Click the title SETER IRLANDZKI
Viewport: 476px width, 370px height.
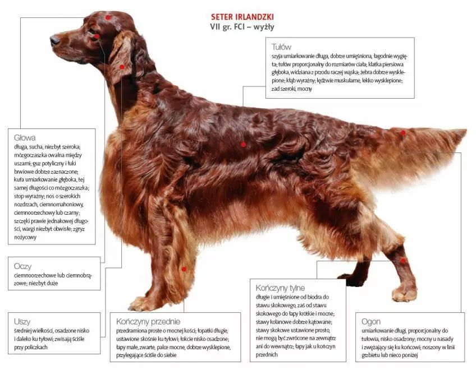click(x=242, y=16)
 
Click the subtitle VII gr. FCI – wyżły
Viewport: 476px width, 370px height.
click(x=242, y=27)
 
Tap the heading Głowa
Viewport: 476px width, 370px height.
click(x=25, y=138)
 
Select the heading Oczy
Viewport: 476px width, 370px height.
click(x=22, y=266)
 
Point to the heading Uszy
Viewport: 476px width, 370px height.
click(x=22, y=321)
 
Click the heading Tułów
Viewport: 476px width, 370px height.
click(x=281, y=47)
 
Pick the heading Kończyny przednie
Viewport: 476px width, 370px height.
click(x=148, y=321)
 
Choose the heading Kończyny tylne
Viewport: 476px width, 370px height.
click(x=280, y=288)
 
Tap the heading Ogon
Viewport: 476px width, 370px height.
click(x=370, y=322)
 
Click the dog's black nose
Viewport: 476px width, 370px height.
click(x=54, y=40)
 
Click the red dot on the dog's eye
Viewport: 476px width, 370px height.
click(x=97, y=36)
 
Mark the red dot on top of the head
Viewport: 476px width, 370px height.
click(x=108, y=17)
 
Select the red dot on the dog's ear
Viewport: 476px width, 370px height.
click(x=122, y=67)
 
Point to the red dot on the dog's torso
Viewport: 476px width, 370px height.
click(x=243, y=145)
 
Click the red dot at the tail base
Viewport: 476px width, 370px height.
click(x=403, y=133)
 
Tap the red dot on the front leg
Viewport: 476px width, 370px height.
click(x=184, y=269)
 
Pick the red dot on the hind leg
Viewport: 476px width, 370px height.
click(x=403, y=261)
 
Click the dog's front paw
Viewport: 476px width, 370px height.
click(x=143, y=304)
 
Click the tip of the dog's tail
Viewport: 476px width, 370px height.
click(x=466, y=131)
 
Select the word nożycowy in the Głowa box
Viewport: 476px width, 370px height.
click(x=25, y=237)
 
